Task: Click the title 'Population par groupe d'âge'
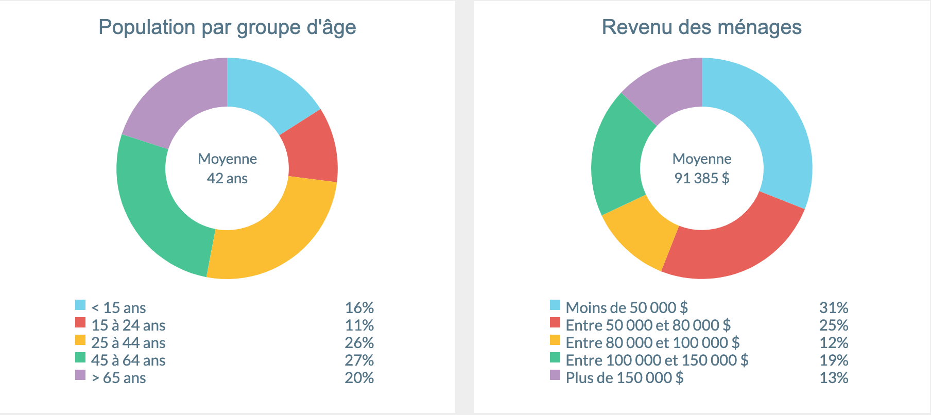(x=227, y=27)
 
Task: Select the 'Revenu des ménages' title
(x=702, y=27)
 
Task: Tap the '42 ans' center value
(x=227, y=178)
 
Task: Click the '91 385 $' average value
(x=702, y=178)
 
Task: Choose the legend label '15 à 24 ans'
(x=128, y=325)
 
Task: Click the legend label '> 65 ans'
(x=118, y=378)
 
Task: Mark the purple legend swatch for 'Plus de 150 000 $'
(x=555, y=375)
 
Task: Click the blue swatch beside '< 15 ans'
(x=80, y=305)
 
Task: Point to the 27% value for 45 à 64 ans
(x=359, y=360)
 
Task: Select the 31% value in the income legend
(x=834, y=308)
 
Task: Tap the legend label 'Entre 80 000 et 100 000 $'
(x=652, y=343)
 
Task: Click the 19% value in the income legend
(x=834, y=360)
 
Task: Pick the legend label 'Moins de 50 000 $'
(x=627, y=308)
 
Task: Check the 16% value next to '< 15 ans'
(x=359, y=308)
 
